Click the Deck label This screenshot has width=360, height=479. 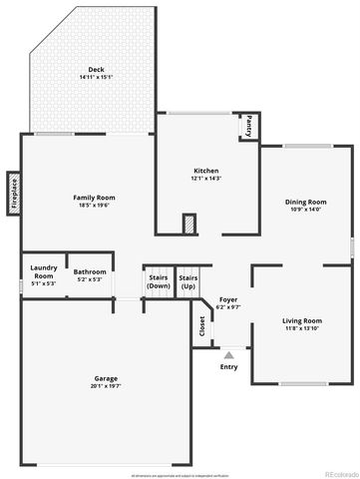click(x=96, y=69)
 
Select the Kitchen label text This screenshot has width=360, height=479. click(x=206, y=171)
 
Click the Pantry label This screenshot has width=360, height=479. click(x=248, y=127)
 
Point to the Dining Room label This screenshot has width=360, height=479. click(x=306, y=202)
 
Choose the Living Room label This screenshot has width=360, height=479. click(x=302, y=320)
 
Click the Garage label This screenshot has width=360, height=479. click(x=107, y=378)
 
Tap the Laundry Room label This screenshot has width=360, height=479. click(x=43, y=270)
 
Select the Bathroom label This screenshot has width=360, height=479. click(x=90, y=271)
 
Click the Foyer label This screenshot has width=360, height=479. click(x=228, y=299)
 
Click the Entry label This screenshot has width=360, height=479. click(x=229, y=366)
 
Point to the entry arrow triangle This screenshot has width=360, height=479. click(x=229, y=354)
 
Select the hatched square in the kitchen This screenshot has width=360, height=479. click(x=187, y=225)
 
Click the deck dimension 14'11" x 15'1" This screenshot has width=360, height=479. click(x=96, y=77)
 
